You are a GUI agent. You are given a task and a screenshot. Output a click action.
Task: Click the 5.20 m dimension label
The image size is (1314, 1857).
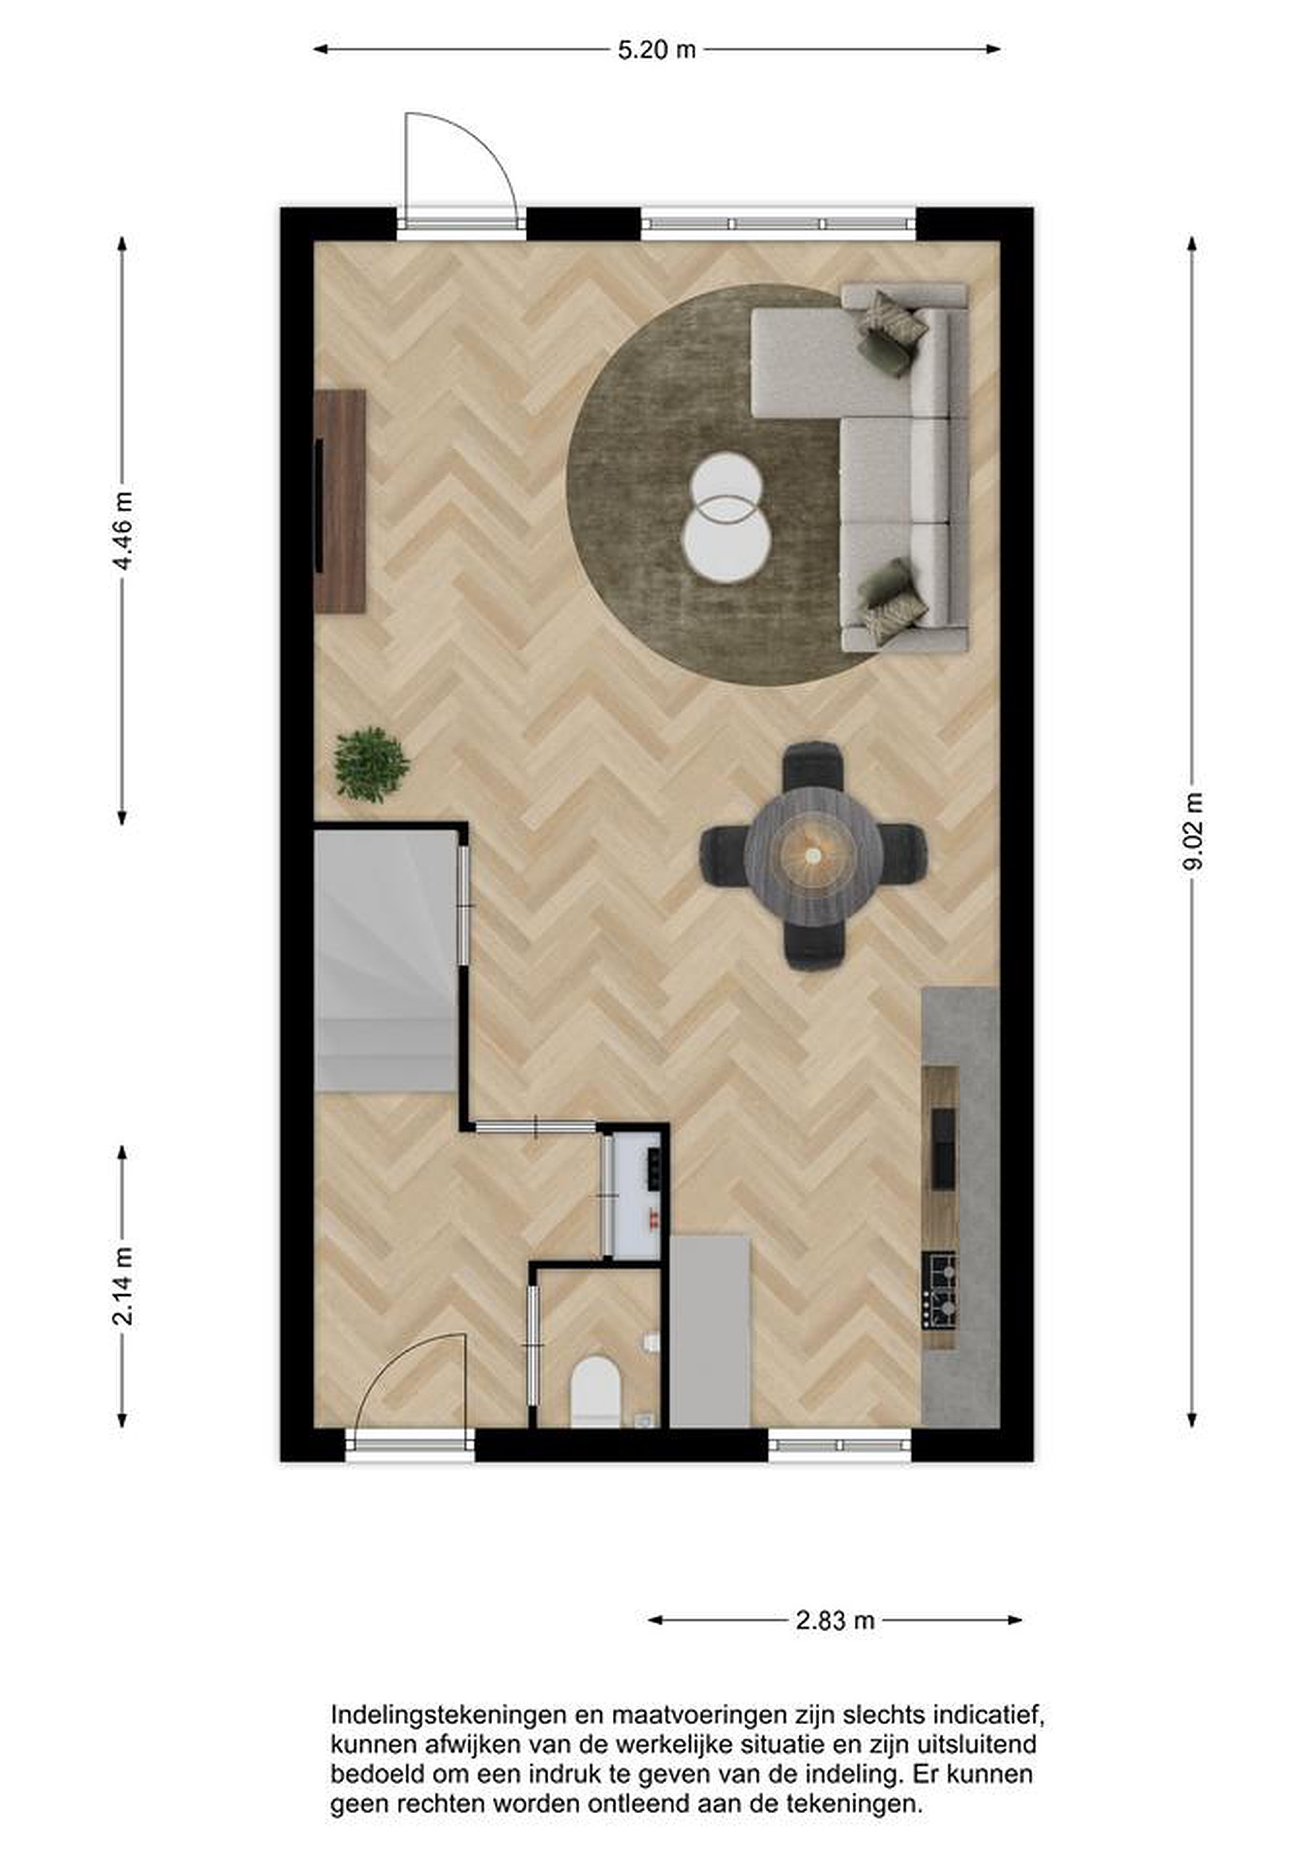(656, 50)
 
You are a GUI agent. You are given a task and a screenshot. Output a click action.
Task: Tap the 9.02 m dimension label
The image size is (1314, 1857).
(1193, 830)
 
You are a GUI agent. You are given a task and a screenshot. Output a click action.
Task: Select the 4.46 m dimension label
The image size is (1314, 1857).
(122, 531)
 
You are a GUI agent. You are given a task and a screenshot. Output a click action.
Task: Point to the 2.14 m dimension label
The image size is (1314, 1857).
(122, 1286)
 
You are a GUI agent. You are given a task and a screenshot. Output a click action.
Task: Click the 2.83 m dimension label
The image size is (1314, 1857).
(835, 1620)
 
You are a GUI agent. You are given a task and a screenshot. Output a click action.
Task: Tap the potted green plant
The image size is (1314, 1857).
(372, 764)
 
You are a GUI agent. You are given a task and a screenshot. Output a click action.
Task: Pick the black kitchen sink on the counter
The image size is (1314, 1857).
(942, 1148)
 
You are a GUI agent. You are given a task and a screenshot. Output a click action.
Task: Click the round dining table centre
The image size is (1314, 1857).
(813, 855)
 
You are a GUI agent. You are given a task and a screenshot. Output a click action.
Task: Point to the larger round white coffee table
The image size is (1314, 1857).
(726, 540)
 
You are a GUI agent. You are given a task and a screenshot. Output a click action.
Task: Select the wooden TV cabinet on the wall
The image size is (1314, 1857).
(340, 502)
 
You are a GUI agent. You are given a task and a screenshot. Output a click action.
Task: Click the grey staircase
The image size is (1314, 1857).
(385, 960)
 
